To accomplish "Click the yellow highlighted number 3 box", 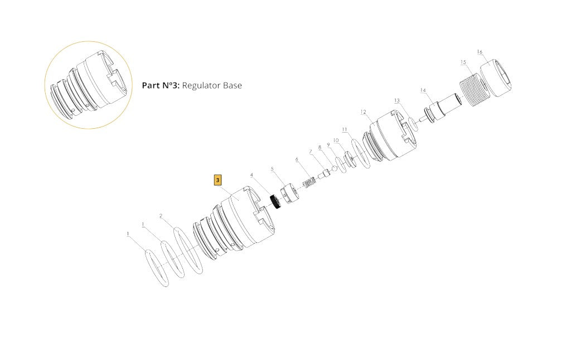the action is coord(218,180).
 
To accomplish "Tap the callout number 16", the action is coord(480,52).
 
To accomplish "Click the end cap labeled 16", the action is coord(495,77).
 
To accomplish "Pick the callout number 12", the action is coord(363,112).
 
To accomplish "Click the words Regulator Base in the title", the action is coord(212,85).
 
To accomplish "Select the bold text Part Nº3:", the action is coord(161,85).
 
